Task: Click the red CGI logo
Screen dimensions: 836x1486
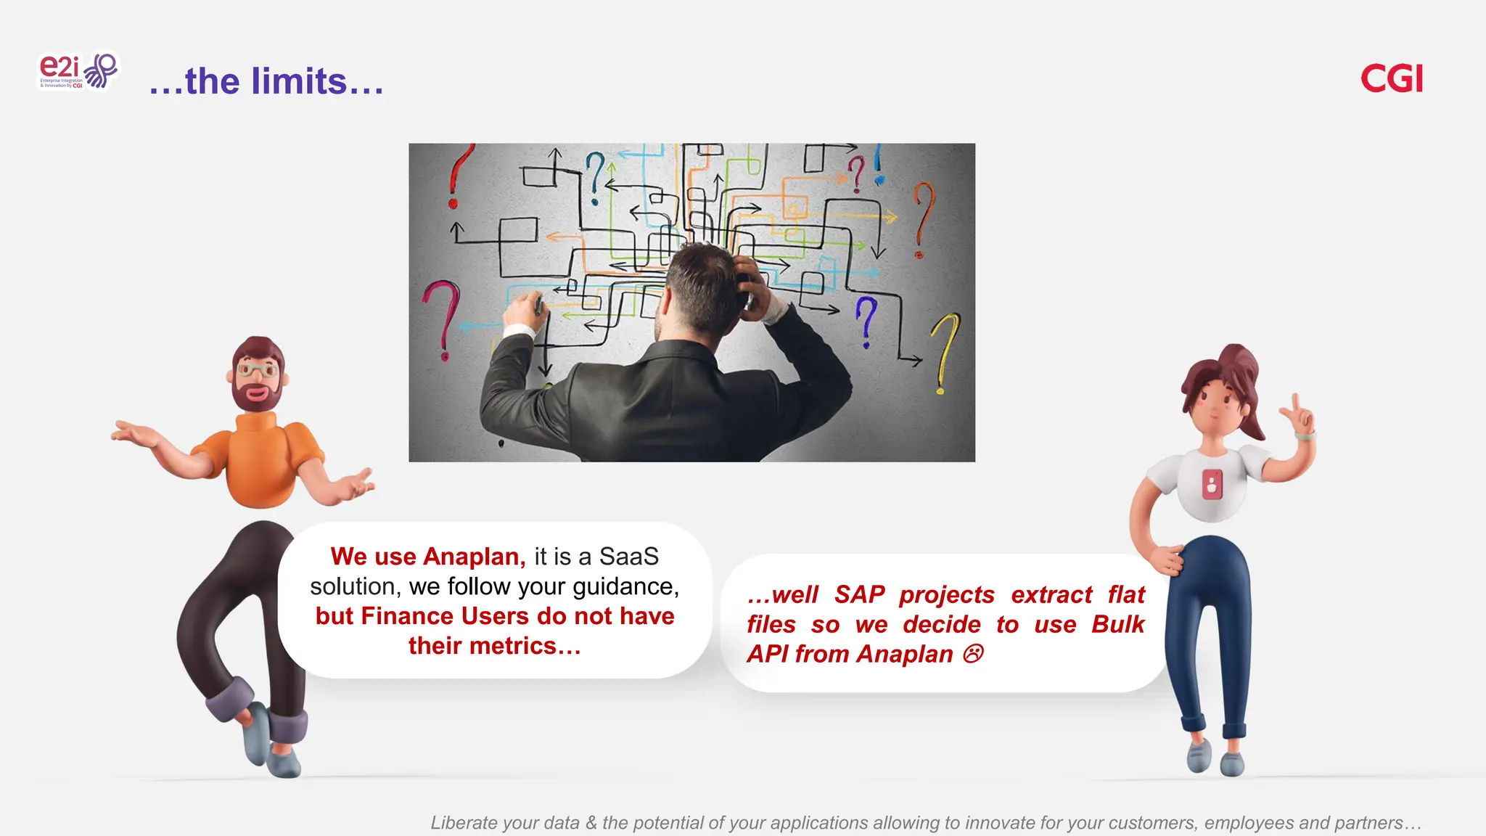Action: coord(1391,78)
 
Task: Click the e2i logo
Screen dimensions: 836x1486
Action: coord(77,71)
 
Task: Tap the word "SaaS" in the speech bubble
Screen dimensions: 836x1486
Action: coord(628,557)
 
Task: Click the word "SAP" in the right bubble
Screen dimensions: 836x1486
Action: coord(859,595)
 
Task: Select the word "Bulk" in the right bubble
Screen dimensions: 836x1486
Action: coord(1117,625)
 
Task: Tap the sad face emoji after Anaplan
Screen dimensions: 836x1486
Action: coord(973,655)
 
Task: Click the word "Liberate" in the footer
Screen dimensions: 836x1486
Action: coord(463,823)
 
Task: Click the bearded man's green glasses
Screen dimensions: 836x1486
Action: coord(257,371)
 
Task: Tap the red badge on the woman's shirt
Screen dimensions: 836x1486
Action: coord(1212,485)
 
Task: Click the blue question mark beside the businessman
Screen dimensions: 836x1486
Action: coord(866,319)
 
